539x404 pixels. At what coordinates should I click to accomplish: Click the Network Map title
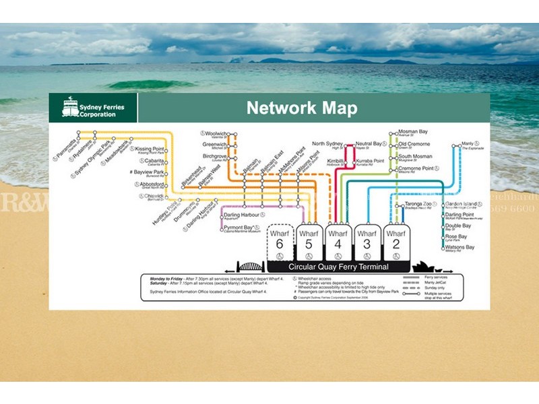301,108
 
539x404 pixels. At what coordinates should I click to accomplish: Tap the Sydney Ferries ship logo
70,108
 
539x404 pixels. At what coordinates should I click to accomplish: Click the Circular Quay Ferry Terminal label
338,267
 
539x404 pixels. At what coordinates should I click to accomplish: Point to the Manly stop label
468,143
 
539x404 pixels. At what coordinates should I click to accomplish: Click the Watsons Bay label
459,247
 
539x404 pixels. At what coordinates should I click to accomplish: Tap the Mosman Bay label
412,131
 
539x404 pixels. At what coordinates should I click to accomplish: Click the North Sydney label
327,143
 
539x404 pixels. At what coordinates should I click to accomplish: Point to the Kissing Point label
150,149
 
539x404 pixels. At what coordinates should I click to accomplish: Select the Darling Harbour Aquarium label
241,215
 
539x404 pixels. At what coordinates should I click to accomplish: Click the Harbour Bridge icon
251,266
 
